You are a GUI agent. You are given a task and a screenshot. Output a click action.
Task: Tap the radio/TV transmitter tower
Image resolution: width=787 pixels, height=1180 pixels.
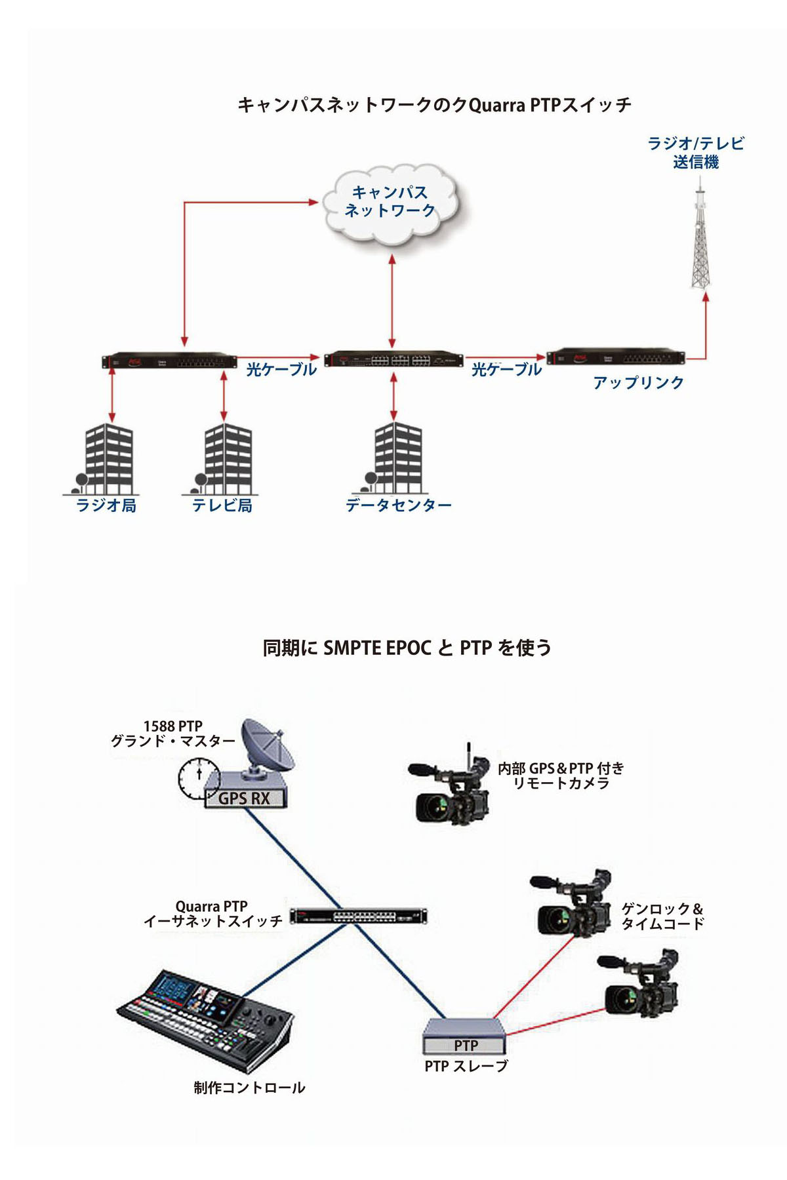pos(700,243)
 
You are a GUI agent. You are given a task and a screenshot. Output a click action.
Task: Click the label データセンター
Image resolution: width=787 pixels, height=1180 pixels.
pos(399,505)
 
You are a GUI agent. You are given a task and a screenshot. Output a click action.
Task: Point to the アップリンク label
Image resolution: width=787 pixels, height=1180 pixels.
pos(638,382)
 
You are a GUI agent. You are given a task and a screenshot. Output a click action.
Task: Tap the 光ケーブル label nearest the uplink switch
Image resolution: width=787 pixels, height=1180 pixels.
pos(506,370)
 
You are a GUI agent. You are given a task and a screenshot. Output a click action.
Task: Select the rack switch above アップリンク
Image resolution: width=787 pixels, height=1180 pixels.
pos(615,358)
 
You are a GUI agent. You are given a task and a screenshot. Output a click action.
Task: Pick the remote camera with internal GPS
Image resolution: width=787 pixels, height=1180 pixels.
pos(452,787)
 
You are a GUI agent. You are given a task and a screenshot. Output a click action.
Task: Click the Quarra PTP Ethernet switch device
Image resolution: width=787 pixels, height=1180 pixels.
pos(358,916)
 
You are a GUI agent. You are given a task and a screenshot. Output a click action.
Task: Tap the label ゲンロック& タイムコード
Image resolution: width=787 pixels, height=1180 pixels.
pos(662,916)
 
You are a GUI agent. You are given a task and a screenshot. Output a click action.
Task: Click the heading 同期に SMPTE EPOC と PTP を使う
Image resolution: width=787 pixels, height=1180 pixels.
pos(407,648)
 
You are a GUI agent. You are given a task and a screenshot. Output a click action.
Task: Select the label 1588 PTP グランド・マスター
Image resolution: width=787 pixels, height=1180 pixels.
pos(172,734)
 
